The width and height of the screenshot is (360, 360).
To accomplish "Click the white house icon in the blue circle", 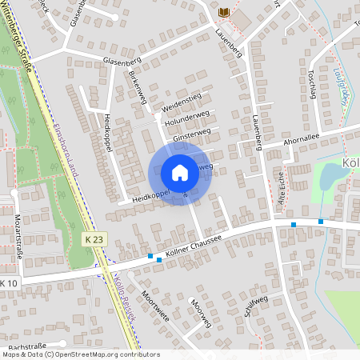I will (x=180, y=172).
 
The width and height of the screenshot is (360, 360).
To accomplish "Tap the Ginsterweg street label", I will (x=192, y=133).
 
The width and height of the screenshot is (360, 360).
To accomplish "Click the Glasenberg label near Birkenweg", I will (x=122, y=61).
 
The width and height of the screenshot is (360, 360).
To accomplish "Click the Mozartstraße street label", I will (x=18, y=232).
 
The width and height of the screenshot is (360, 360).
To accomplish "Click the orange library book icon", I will (x=225, y=13).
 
